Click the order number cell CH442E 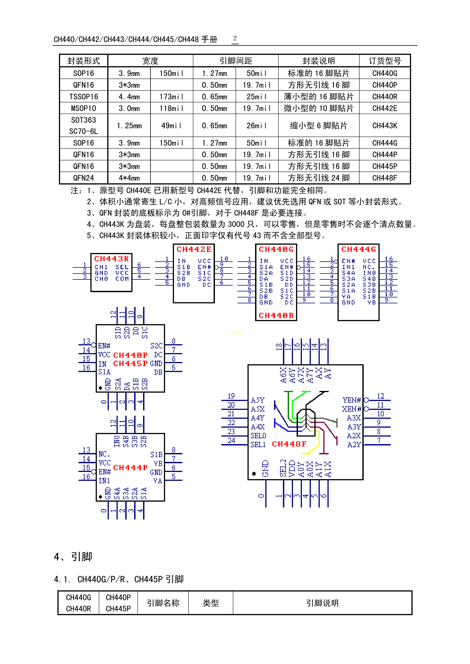[x=385, y=108]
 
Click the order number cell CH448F [x=385, y=178]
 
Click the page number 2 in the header [x=235, y=38]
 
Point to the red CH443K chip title [x=111, y=259]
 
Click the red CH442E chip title [x=194, y=249]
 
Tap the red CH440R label [x=276, y=315]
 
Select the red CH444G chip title [x=359, y=249]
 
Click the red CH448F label [x=289, y=444]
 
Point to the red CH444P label [x=130, y=468]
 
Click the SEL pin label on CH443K [x=122, y=267]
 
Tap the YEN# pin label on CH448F [x=352, y=400]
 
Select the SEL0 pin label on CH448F [x=258, y=436]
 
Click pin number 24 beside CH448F [x=231, y=441]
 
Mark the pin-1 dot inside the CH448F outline [x=254, y=474]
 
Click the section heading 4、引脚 [x=73, y=557]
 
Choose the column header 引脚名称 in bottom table [x=163, y=603]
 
